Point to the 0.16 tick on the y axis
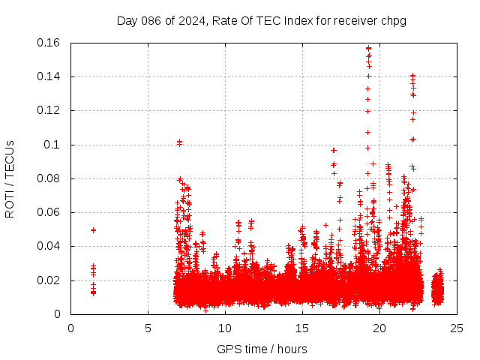coord(49,43)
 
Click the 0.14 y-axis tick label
coord(49,76)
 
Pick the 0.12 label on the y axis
coord(49,110)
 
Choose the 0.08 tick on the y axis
coord(49,178)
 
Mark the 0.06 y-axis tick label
coord(49,212)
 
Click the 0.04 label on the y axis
coord(49,246)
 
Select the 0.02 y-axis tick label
coord(49,280)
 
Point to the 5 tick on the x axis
coord(148,328)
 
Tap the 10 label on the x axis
coord(225,328)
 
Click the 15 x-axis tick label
coord(302,328)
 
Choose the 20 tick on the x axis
coord(379,328)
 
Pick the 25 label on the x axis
coord(457,328)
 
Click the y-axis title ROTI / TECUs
coord(10,178)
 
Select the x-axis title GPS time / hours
coord(262,349)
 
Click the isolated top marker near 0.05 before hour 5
coord(93,230)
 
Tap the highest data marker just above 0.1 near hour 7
coord(179,142)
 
